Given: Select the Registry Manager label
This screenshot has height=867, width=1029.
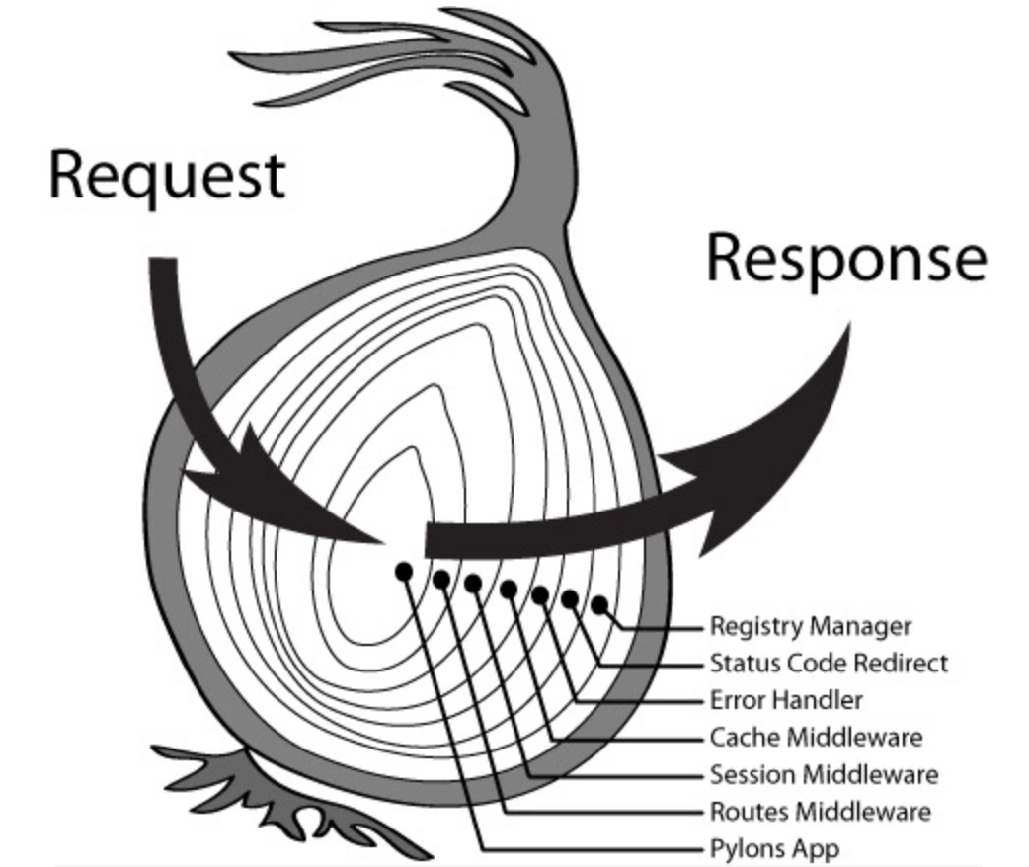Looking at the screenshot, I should coord(811,626).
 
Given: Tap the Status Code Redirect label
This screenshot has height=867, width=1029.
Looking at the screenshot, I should coord(829,663).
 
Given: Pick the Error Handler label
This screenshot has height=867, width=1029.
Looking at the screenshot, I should coord(786,700).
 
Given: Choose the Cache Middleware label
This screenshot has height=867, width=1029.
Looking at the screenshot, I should coord(816,738).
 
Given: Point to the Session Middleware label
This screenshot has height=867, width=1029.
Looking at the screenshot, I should coord(824,774).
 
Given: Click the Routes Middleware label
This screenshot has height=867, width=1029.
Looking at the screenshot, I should coord(820,812).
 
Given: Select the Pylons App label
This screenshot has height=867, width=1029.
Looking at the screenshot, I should coord(775,848).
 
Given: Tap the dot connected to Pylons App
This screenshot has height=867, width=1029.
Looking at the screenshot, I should coord(403,571).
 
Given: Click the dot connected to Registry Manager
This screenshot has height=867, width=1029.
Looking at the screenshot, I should coord(599,604).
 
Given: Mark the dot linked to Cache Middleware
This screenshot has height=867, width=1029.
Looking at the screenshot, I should coord(509,590).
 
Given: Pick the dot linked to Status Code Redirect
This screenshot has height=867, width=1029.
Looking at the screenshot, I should coord(570,598).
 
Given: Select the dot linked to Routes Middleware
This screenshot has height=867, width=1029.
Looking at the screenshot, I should coord(440,579).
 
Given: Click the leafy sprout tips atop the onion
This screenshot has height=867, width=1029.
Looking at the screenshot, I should coord(326,59).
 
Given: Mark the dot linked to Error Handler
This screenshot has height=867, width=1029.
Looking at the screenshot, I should coord(540,594).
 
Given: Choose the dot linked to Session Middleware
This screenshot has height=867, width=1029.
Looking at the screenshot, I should coord(473,584).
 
